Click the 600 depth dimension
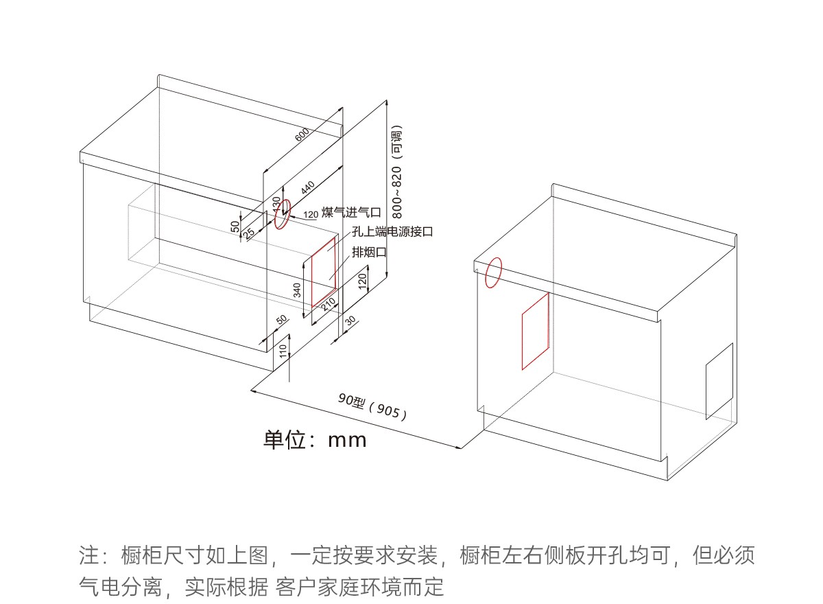tap(302, 135)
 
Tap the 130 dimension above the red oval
tap(276, 204)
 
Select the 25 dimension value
tap(249, 232)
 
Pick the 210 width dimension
tap(329, 302)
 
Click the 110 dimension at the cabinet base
tap(283, 351)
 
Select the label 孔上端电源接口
tap(392, 232)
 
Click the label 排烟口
tap(369, 252)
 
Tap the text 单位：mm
tap(315, 439)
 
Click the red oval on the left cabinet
tap(282, 216)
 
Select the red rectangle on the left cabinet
tap(324, 272)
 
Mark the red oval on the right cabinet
tap(493, 273)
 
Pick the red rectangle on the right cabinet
tap(535, 330)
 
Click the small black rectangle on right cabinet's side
tap(719, 381)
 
